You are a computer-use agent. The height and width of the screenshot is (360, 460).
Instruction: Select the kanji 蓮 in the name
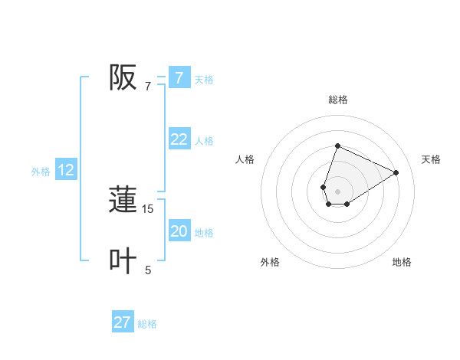(x=123, y=200)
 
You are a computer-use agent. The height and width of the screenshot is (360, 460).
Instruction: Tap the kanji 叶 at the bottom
(x=123, y=260)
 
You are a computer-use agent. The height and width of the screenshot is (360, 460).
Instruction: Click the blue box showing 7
(x=179, y=77)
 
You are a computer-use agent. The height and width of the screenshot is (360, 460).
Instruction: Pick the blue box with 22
(x=179, y=139)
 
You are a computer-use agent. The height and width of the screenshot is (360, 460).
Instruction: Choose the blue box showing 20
(x=179, y=231)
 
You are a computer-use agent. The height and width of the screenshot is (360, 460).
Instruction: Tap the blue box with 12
(x=66, y=170)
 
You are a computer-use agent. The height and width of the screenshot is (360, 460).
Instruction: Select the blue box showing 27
(x=123, y=322)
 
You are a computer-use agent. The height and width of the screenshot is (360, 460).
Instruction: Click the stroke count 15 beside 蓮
(x=148, y=208)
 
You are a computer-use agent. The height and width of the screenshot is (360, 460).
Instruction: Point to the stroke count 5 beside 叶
(x=148, y=270)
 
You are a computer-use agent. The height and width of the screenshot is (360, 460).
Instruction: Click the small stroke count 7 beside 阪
(x=148, y=86)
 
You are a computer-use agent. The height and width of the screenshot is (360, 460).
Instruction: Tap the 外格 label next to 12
(x=41, y=172)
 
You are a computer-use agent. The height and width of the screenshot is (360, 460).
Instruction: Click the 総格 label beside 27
(x=147, y=324)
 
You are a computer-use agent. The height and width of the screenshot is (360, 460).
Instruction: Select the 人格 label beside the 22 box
(x=204, y=141)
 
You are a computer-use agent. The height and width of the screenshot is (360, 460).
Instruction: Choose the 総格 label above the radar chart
(x=337, y=100)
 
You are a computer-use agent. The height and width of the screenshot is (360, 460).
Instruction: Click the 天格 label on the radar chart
(x=431, y=159)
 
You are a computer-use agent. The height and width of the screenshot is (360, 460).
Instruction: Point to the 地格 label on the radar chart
(x=402, y=262)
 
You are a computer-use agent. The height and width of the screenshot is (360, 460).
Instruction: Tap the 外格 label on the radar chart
(x=270, y=262)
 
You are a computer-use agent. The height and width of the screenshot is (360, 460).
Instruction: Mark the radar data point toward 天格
(x=396, y=172)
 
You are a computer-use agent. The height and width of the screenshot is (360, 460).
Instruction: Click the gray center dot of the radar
(x=337, y=191)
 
